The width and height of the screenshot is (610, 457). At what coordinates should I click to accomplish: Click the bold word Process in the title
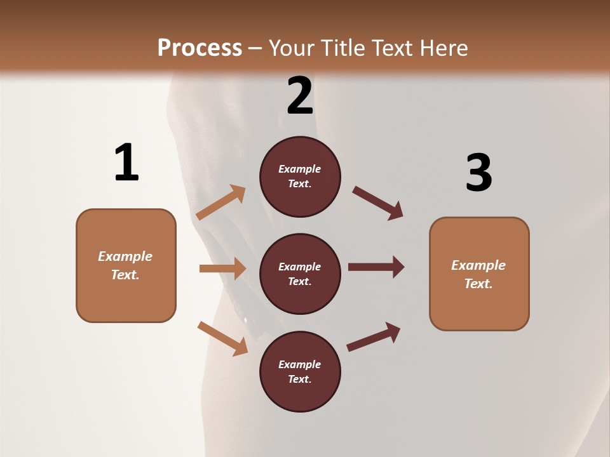[200, 48]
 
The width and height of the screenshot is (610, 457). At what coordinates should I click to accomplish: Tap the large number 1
[126, 162]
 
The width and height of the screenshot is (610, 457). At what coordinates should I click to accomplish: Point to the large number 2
[300, 96]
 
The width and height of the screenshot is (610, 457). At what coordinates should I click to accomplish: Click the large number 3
[479, 173]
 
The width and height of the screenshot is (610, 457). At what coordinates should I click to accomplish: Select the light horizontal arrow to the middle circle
[222, 268]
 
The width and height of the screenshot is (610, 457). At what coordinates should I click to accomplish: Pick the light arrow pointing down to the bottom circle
[223, 338]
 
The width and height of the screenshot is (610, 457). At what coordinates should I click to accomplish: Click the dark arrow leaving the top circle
[378, 203]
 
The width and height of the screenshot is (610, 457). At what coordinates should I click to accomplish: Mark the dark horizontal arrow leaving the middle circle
[376, 267]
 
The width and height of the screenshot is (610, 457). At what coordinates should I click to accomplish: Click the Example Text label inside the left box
[125, 265]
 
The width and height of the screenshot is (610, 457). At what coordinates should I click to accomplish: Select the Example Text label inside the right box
[478, 274]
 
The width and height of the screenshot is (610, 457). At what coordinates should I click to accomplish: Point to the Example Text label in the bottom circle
[299, 372]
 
